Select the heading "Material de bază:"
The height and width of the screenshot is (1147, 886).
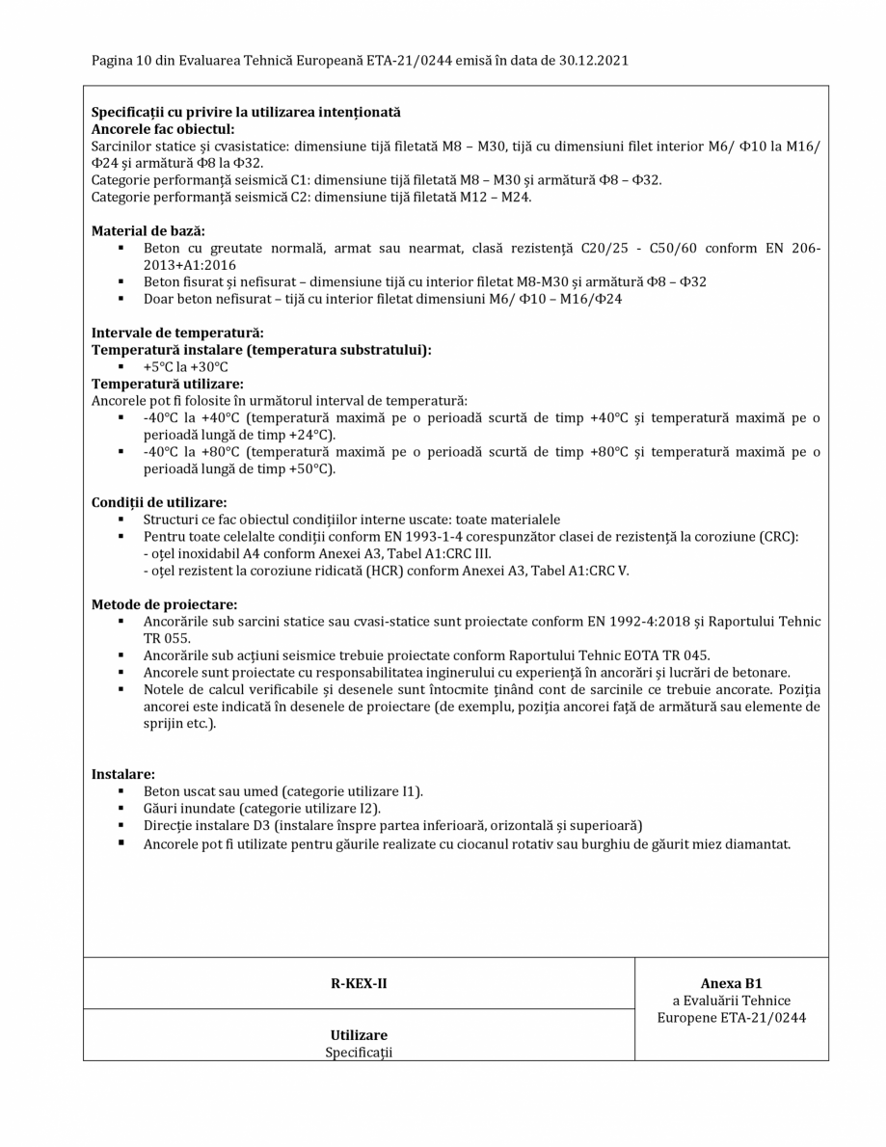(148, 231)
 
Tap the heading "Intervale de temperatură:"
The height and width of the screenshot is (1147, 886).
(177, 333)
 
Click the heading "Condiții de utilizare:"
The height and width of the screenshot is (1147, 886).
(159, 502)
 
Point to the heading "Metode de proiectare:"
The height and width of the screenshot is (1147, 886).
(164, 604)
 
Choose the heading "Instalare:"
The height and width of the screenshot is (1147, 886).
(123, 774)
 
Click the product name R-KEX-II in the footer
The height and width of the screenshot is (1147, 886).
(359, 984)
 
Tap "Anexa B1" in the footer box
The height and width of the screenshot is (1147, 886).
(731, 984)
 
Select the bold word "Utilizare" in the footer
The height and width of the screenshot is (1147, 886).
(359, 1035)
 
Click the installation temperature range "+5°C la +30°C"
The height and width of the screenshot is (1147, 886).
(186, 367)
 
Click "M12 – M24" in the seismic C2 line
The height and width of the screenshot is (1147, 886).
(493, 198)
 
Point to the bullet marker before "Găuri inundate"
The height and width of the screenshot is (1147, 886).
(121, 809)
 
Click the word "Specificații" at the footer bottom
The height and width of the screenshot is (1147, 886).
(359, 1053)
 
